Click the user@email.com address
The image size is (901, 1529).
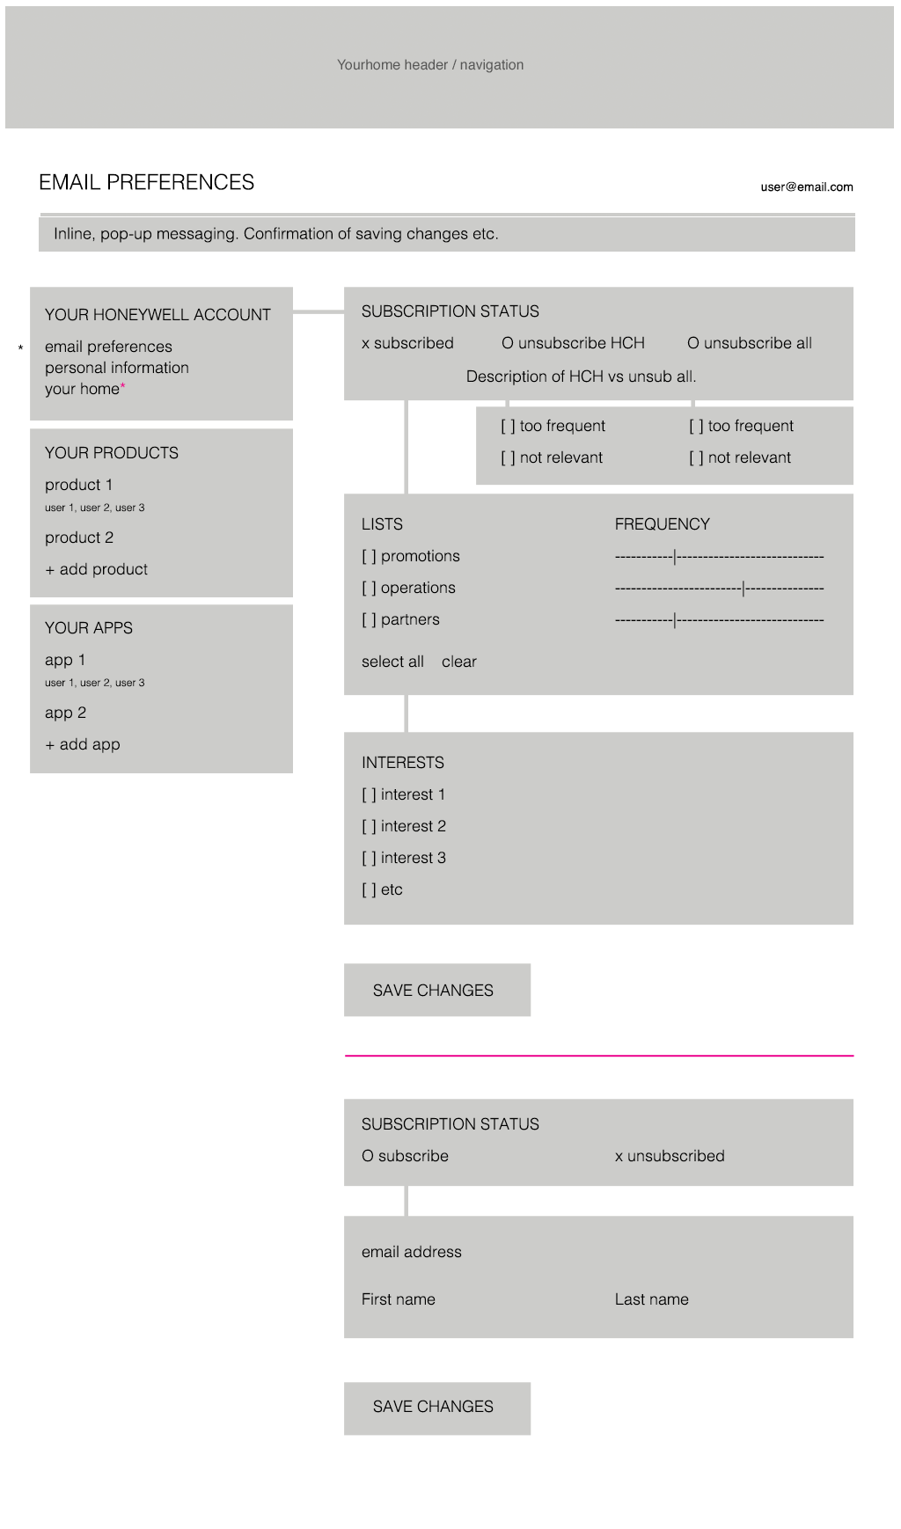(806, 187)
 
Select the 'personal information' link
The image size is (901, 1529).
(116, 368)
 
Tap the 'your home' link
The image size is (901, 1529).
(82, 389)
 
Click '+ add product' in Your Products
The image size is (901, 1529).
(96, 569)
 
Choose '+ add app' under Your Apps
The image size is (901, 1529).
(82, 744)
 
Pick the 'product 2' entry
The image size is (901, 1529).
(79, 538)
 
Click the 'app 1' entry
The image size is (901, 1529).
(65, 660)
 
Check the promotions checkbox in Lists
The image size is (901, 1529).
(369, 556)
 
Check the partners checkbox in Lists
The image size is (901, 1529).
(369, 619)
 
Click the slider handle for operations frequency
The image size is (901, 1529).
(744, 588)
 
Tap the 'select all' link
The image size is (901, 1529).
(392, 662)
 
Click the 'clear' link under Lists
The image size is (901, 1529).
(458, 662)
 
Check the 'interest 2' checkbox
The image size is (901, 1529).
(369, 826)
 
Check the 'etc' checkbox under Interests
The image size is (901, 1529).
(369, 889)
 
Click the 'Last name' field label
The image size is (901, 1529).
(651, 1299)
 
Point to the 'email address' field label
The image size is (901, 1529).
(411, 1252)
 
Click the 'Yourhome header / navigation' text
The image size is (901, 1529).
(430, 65)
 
